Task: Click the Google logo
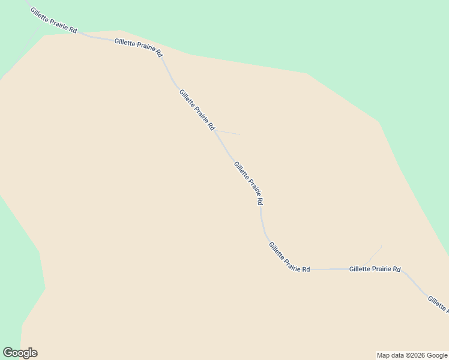tap(20, 353)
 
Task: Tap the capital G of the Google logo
tap(8, 353)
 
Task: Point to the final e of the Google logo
tap(34, 353)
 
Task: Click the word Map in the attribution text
tap(384, 355)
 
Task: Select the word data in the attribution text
tap(398, 355)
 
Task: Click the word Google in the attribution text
tap(437, 355)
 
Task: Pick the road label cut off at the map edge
tap(438, 304)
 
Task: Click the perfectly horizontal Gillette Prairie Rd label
tap(375, 270)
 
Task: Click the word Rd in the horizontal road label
tap(396, 270)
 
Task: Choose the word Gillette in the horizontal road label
tap(359, 270)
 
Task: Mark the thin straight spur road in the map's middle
tap(228, 132)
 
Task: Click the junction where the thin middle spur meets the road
tap(215, 130)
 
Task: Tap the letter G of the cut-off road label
tap(430, 298)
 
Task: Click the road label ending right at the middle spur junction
tap(197, 109)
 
